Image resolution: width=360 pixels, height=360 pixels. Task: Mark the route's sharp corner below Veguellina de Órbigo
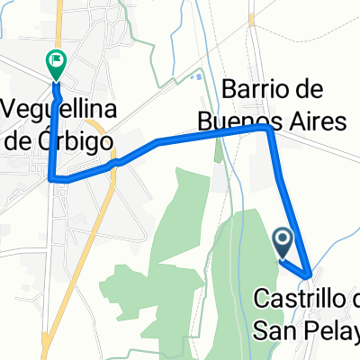(51, 178)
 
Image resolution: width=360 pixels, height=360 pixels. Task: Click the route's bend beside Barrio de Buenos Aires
(268, 129)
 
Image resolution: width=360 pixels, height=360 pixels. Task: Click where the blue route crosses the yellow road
(114, 164)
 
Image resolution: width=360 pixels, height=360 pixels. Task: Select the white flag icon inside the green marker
(56, 61)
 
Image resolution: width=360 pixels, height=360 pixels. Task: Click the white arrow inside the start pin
(283, 238)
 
